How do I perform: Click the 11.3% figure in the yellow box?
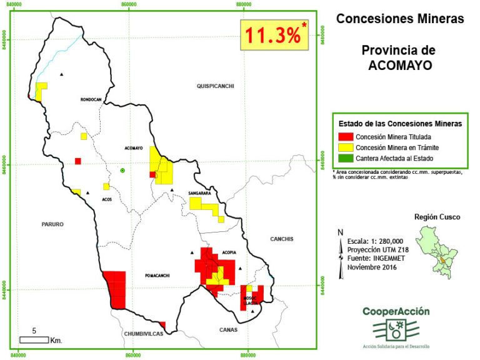(272, 36)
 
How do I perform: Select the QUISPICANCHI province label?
(214, 86)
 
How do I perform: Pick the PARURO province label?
(54, 224)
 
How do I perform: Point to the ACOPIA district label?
(229, 252)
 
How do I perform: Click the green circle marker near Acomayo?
(123, 170)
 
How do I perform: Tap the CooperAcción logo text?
(396, 311)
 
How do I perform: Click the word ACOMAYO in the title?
(400, 64)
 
